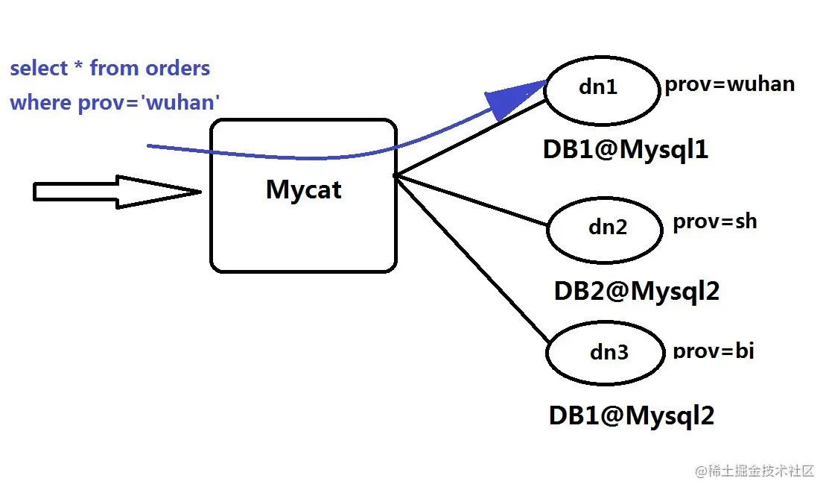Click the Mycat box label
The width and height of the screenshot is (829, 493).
pyautogui.click(x=303, y=189)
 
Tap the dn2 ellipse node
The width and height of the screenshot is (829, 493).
pyautogui.click(x=605, y=228)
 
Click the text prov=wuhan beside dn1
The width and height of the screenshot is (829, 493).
pyautogui.click(x=729, y=84)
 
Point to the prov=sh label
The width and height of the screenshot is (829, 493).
pyautogui.click(x=714, y=222)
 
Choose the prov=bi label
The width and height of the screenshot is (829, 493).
pyautogui.click(x=713, y=350)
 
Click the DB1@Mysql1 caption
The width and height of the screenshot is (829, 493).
pyautogui.click(x=625, y=150)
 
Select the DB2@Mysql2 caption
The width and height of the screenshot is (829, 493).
pyautogui.click(x=636, y=291)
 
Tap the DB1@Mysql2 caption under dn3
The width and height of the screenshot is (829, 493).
pyautogui.click(x=631, y=415)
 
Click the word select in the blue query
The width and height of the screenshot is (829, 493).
pyautogui.click(x=39, y=69)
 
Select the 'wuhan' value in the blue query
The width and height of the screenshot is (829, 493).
pyautogui.click(x=182, y=102)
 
